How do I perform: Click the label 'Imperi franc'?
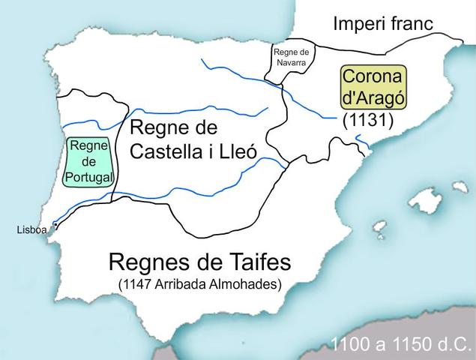coord(383,23)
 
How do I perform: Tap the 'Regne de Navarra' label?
coord(291,58)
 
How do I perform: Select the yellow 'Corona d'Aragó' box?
coord(373,88)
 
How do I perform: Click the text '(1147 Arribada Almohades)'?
coord(199,284)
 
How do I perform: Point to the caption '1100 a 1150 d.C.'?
coord(403,346)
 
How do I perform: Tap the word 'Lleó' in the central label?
coord(237,151)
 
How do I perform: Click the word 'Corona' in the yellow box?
coord(373,77)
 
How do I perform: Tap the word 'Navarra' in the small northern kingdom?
coord(291,63)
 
